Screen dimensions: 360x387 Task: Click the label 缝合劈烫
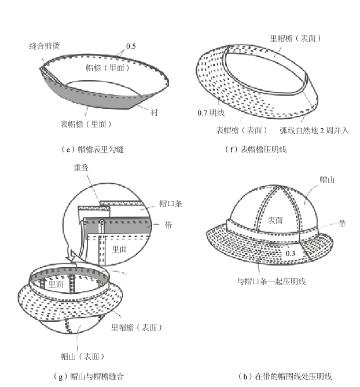click(47, 45)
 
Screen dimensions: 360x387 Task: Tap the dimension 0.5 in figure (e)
click(131, 46)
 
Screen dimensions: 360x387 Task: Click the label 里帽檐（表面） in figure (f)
click(295, 39)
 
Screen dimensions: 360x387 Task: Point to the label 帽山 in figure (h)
click(327, 180)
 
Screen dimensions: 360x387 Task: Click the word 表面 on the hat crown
click(275, 220)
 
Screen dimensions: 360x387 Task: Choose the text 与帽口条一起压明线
click(271, 282)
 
